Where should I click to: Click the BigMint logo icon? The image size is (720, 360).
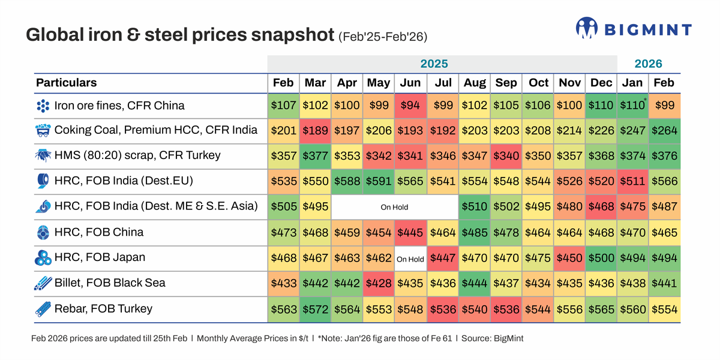[586, 28]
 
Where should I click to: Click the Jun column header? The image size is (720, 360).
[410, 83]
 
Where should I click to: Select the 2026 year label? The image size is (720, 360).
[648, 64]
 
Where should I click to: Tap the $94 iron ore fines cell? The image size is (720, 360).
[410, 106]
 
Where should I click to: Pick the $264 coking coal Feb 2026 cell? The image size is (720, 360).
[664, 131]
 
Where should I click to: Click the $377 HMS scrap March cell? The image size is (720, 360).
[315, 156]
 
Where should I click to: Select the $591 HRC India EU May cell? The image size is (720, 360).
[378, 181]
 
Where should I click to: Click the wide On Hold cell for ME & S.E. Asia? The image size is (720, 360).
[394, 207]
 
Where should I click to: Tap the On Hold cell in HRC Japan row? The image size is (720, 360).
[410, 259]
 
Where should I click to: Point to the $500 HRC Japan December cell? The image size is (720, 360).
[601, 258]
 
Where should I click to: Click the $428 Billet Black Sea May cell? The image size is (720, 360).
[378, 283]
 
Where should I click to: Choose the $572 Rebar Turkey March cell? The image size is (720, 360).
[315, 310]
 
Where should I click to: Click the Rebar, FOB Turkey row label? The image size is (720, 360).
[103, 309]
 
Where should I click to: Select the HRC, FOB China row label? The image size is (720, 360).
[98, 232]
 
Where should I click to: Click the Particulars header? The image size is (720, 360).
[66, 83]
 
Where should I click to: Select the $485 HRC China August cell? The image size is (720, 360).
[474, 233]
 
